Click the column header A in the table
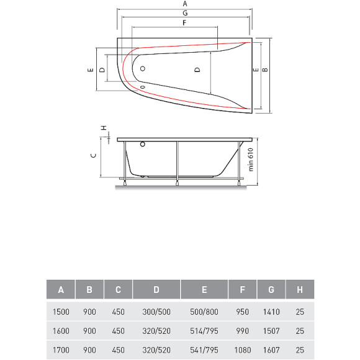(61, 290)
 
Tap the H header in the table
(300, 290)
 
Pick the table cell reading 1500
(61, 312)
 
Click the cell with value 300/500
(156, 312)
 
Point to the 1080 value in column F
(243, 350)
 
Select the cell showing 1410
(271, 312)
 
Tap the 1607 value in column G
(271, 350)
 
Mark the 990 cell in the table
(243, 331)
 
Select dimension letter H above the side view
(104, 128)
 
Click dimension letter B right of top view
(265, 70)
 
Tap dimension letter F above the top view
(184, 23)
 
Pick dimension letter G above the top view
(184, 13)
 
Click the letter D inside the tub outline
(197, 70)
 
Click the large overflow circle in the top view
(142, 69)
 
